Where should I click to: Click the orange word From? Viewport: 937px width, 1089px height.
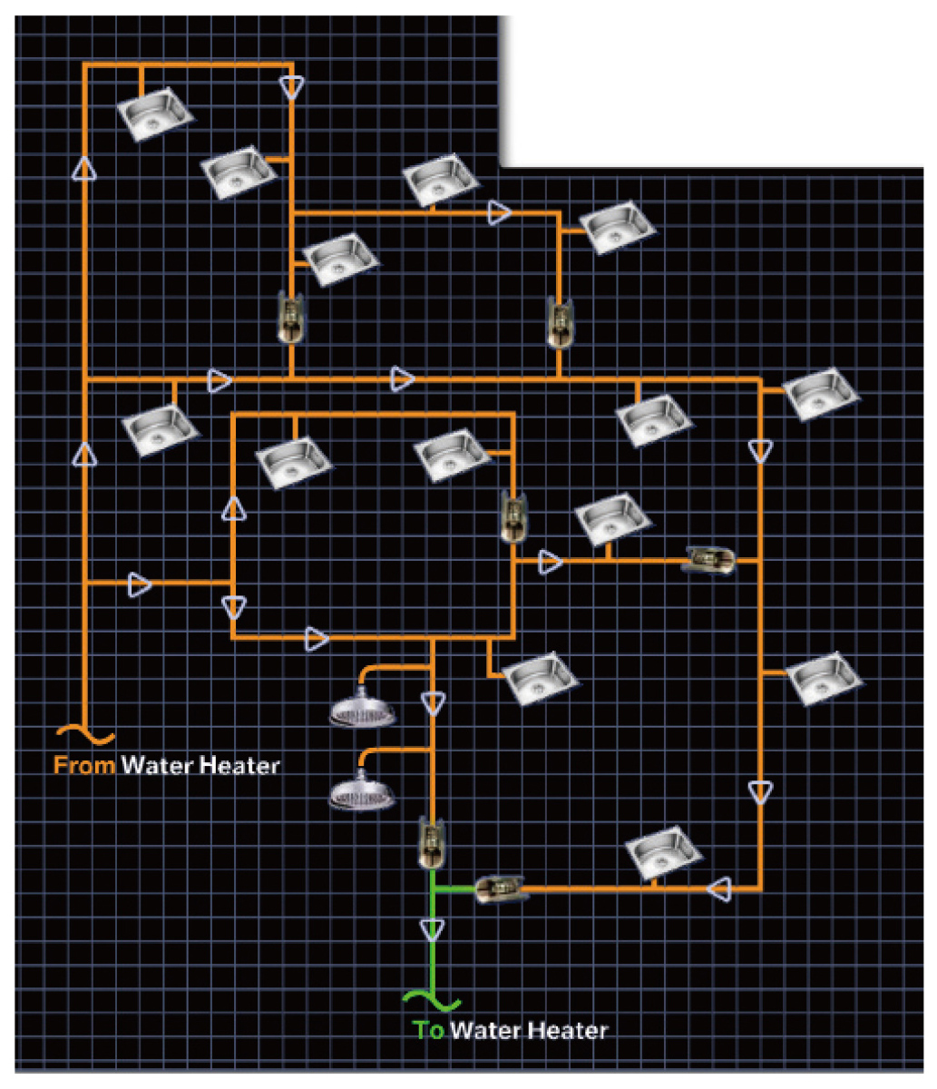[x=84, y=766]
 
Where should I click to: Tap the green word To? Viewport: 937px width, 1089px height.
[x=428, y=1031]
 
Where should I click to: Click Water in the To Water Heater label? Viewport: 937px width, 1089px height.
[x=485, y=1031]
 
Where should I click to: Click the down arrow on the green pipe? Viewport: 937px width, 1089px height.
[x=433, y=929]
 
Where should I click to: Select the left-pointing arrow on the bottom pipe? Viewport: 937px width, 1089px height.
[x=721, y=888]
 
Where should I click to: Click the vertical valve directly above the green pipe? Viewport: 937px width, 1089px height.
[x=432, y=841]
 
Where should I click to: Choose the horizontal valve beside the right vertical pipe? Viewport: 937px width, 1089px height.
[x=709, y=560]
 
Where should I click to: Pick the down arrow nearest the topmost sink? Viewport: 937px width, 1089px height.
[x=291, y=87]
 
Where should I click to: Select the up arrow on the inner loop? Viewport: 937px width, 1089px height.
[x=234, y=509]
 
